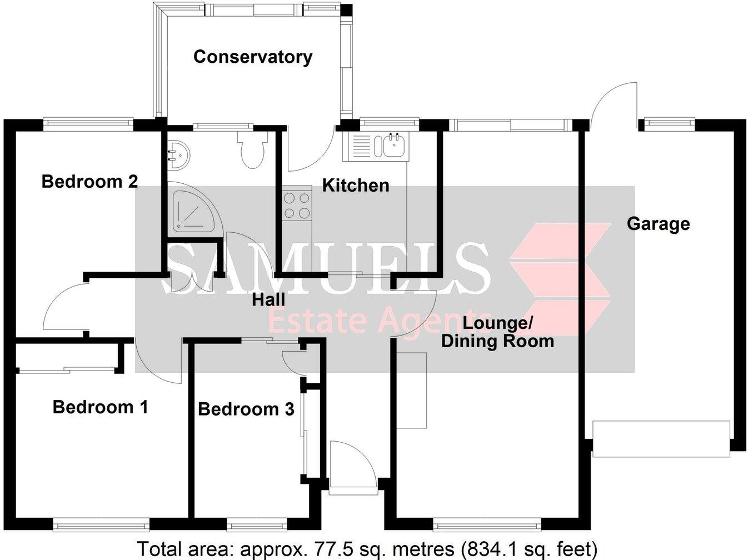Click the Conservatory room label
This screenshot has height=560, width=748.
(252, 57)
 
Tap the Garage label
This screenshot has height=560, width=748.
(658, 224)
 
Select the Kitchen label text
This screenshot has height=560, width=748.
(356, 186)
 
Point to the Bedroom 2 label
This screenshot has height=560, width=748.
(89, 182)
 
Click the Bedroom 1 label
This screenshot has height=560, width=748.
(100, 407)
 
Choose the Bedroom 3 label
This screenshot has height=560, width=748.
(246, 409)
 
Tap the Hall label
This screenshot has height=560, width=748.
(268, 300)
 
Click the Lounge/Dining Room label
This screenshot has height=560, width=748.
(497, 332)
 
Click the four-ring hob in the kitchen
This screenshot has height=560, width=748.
(297, 205)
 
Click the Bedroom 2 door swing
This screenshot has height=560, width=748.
(64, 308)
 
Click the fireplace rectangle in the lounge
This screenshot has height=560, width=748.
(412, 390)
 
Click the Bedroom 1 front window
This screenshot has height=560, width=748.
(101, 522)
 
